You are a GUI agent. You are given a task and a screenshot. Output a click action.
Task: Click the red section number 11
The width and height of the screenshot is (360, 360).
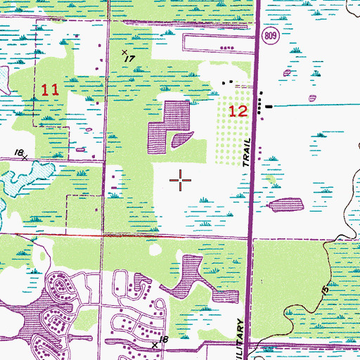(49, 90)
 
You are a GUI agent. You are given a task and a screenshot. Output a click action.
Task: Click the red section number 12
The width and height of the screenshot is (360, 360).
(238, 110)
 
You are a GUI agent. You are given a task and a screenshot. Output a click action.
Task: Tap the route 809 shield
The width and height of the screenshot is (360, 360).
(272, 33)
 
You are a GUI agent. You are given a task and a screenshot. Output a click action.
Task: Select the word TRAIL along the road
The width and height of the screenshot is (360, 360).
(247, 152)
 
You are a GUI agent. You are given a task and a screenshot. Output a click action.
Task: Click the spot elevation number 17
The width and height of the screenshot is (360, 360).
(129, 60)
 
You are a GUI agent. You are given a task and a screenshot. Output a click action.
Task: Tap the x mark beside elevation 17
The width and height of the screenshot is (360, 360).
(124, 52)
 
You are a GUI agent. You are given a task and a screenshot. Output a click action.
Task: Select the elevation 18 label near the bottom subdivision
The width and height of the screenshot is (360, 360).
(164, 340)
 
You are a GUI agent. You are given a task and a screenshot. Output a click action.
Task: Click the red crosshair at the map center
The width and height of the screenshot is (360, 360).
(181, 181)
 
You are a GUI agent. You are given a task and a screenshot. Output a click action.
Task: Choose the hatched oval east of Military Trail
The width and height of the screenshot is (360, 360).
(285, 205)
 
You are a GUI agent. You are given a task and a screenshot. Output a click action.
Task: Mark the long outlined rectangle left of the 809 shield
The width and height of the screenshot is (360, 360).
(218, 42)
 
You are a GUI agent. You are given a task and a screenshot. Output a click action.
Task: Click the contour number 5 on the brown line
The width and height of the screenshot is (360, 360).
(325, 288)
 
